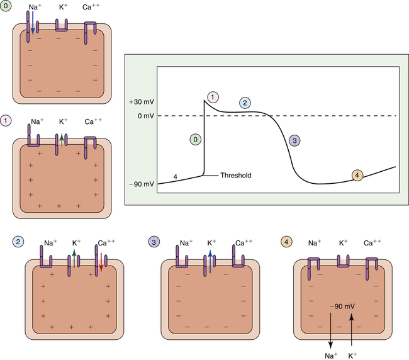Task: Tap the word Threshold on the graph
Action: pos(236,176)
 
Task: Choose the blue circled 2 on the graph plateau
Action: pos(246,103)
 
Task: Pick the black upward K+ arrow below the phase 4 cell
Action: pos(351,330)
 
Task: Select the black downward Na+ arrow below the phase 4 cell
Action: pos(328,330)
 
